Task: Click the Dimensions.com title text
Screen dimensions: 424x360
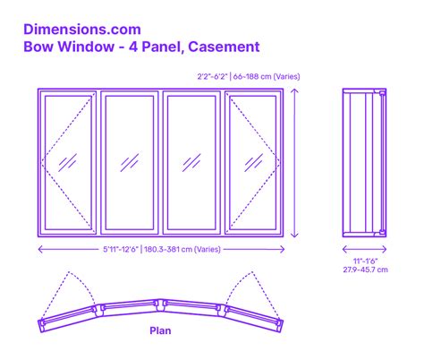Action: [x=82, y=30]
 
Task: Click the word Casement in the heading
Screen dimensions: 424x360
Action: [x=224, y=47]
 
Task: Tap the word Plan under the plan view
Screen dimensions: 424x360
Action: [x=160, y=330]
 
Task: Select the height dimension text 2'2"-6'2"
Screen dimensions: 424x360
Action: [x=212, y=76]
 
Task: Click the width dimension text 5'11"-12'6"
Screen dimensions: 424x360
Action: [x=121, y=249]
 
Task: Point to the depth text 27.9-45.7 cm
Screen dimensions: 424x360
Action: [x=365, y=270]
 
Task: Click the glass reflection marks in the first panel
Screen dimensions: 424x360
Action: [x=68, y=163]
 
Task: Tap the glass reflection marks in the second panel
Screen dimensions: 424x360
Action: [x=130, y=163]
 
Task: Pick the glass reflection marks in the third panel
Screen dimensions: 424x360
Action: [x=191, y=163]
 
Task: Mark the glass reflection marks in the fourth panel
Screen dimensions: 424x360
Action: [x=254, y=163]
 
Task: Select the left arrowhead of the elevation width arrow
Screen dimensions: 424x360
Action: [x=39, y=249]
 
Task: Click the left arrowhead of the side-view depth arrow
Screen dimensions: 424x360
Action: [x=343, y=249]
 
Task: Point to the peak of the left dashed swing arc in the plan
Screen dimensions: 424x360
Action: [x=69, y=271]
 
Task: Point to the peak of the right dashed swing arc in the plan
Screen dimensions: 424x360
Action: [x=252, y=271]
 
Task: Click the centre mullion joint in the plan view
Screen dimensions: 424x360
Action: [x=161, y=304]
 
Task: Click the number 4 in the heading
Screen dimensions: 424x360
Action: [x=133, y=47]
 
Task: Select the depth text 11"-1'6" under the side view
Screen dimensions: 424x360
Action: [x=365, y=261]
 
